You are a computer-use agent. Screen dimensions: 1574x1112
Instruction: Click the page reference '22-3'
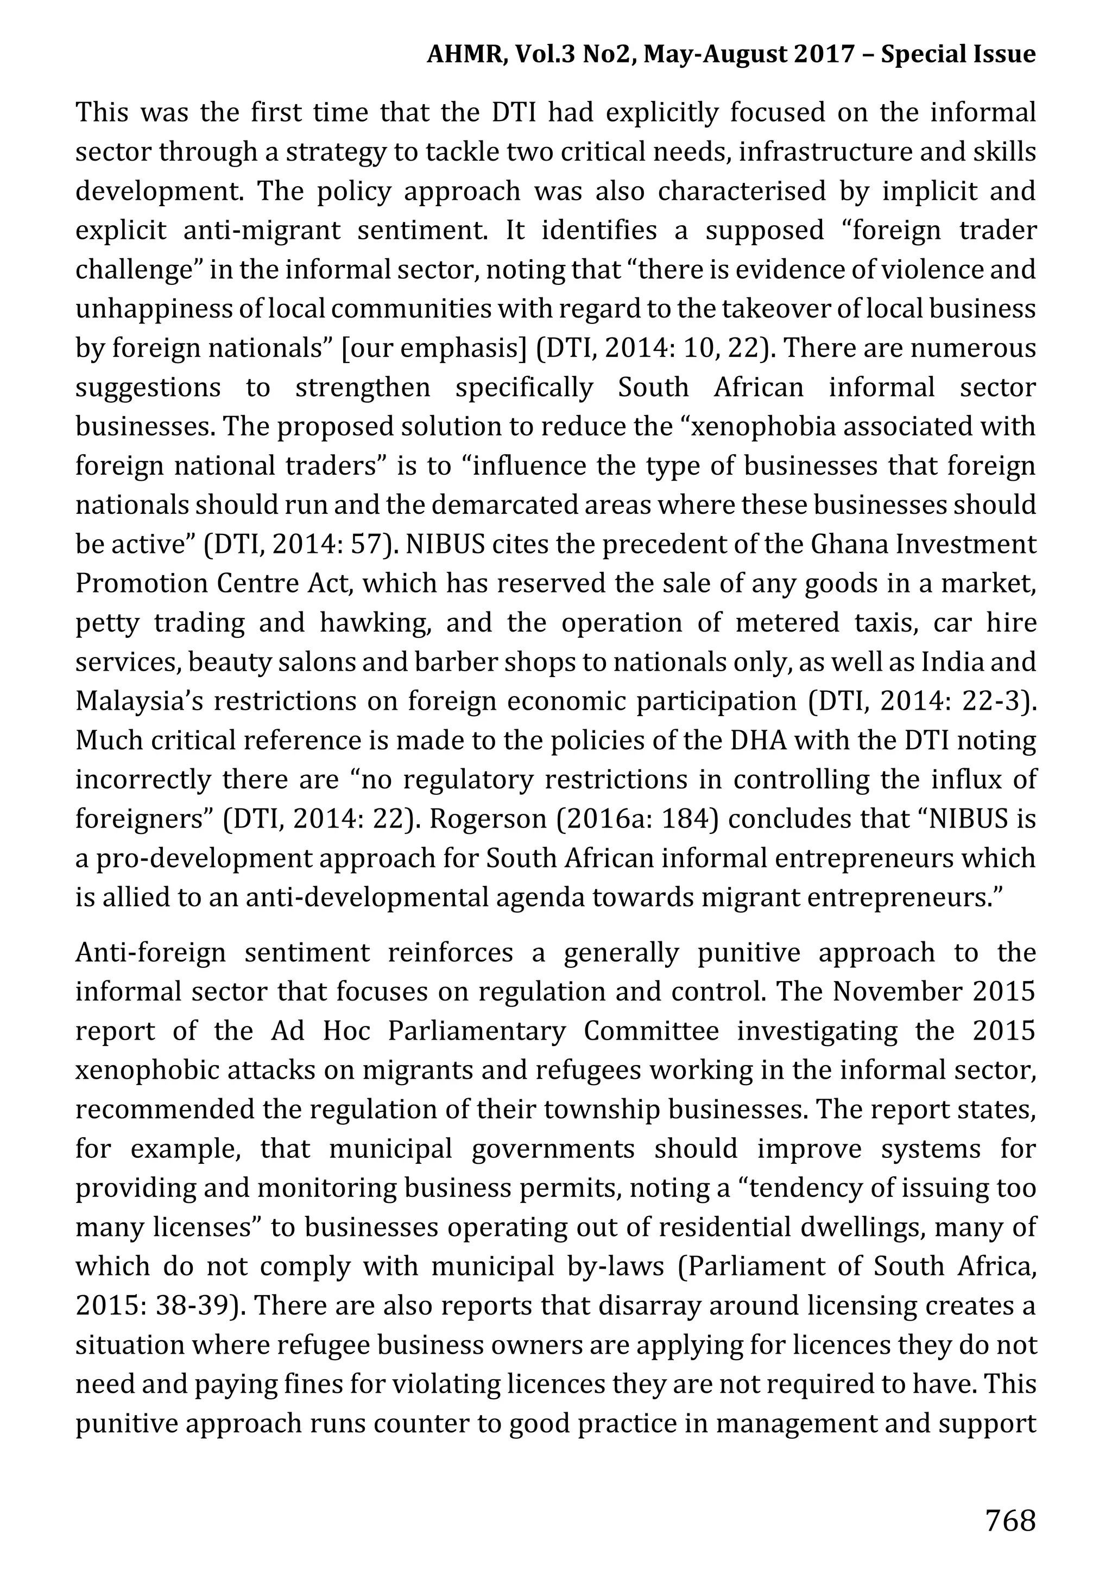995,702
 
